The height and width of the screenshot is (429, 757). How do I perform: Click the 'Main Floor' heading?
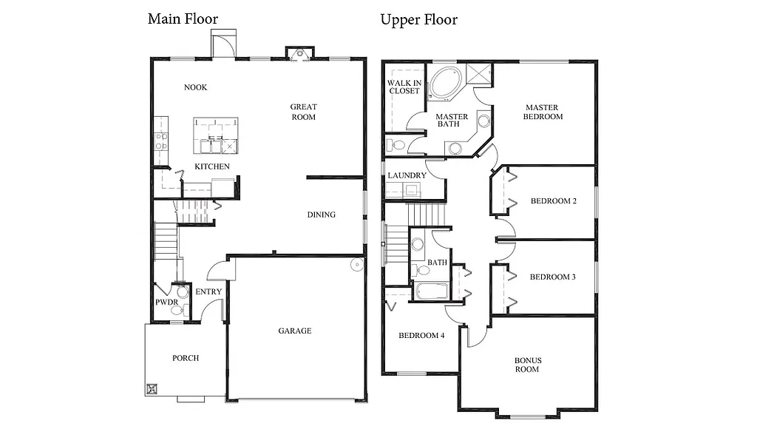(183, 18)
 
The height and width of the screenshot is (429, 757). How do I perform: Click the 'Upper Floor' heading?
(418, 19)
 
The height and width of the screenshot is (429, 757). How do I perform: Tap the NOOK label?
(195, 87)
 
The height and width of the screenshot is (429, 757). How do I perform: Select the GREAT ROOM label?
(303, 112)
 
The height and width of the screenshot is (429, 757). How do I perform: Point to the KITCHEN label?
(212, 166)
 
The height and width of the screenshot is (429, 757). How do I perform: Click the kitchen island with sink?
(217, 134)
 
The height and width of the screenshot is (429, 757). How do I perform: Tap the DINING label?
(322, 214)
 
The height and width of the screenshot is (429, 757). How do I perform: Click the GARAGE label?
(294, 331)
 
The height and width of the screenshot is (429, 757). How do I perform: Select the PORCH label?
(186, 358)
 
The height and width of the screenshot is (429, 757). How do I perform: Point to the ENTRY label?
(208, 292)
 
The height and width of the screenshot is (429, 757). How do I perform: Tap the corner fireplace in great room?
(299, 53)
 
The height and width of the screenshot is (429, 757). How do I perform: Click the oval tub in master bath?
(445, 84)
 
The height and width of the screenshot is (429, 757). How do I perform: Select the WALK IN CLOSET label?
(404, 86)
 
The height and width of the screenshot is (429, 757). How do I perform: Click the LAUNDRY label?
(407, 175)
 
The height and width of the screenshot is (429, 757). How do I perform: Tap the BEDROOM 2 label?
(553, 201)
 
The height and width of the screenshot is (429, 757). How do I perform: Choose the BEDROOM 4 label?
(421, 335)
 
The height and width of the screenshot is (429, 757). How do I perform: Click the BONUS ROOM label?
(528, 365)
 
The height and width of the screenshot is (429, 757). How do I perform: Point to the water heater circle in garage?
(356, 264)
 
